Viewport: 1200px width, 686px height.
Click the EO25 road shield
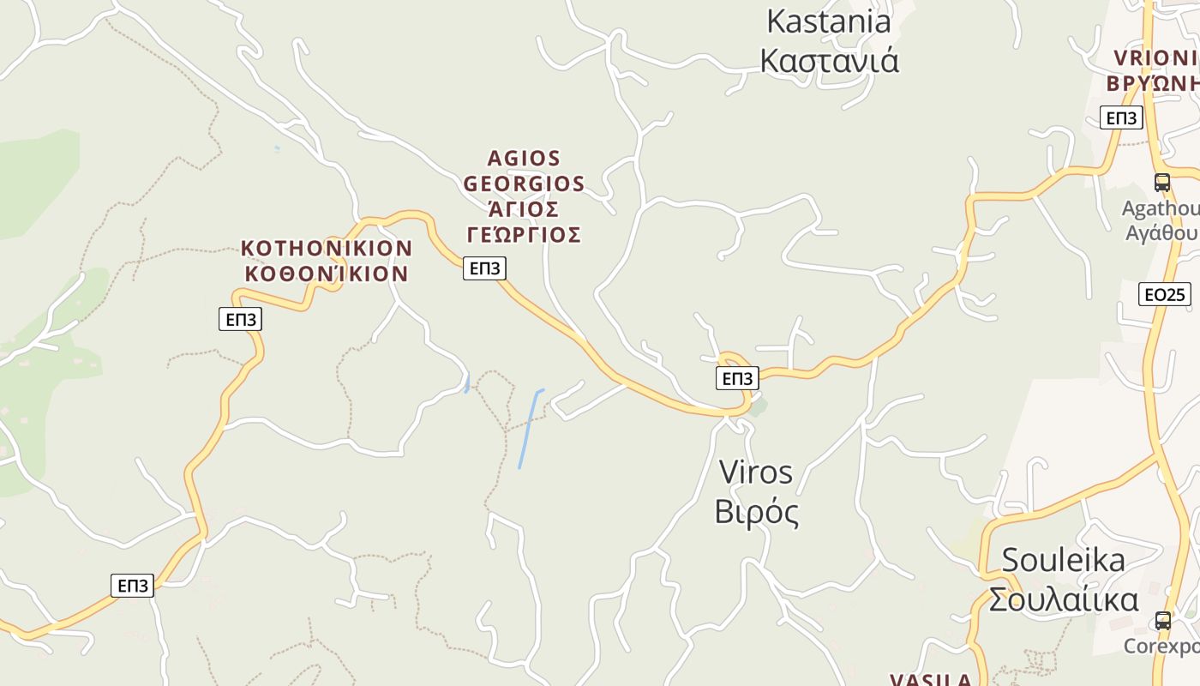[1165, 295]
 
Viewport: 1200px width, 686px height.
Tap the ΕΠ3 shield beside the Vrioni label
[1121, 118]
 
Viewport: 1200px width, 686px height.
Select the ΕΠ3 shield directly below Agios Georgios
[484, 268]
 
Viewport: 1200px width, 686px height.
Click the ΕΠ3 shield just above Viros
[737, 378]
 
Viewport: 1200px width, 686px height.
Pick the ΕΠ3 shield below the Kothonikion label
[240, 320]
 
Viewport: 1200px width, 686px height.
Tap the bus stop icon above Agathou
[1162, 183]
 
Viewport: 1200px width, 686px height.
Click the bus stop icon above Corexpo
[1163, 620]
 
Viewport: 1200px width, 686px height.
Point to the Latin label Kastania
[828, 21]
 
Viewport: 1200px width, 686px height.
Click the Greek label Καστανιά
[829, 61]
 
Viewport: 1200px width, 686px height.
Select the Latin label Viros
[755, 472]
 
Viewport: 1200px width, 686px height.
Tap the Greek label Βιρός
[756, 512]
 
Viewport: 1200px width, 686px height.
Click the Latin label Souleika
[1063, 560]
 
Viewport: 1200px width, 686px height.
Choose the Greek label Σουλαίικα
[1063, 599]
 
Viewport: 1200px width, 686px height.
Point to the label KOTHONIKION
[327, 249]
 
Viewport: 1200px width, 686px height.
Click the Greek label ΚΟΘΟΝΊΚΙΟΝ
[327, 274]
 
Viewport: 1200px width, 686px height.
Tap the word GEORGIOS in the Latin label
[524, 184]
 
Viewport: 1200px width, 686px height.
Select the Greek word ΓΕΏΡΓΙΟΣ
[524, 235]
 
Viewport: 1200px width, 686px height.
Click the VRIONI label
[1155, 58]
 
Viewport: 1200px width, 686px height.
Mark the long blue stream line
[531, 429]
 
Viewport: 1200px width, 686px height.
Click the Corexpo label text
[1161, 647]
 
